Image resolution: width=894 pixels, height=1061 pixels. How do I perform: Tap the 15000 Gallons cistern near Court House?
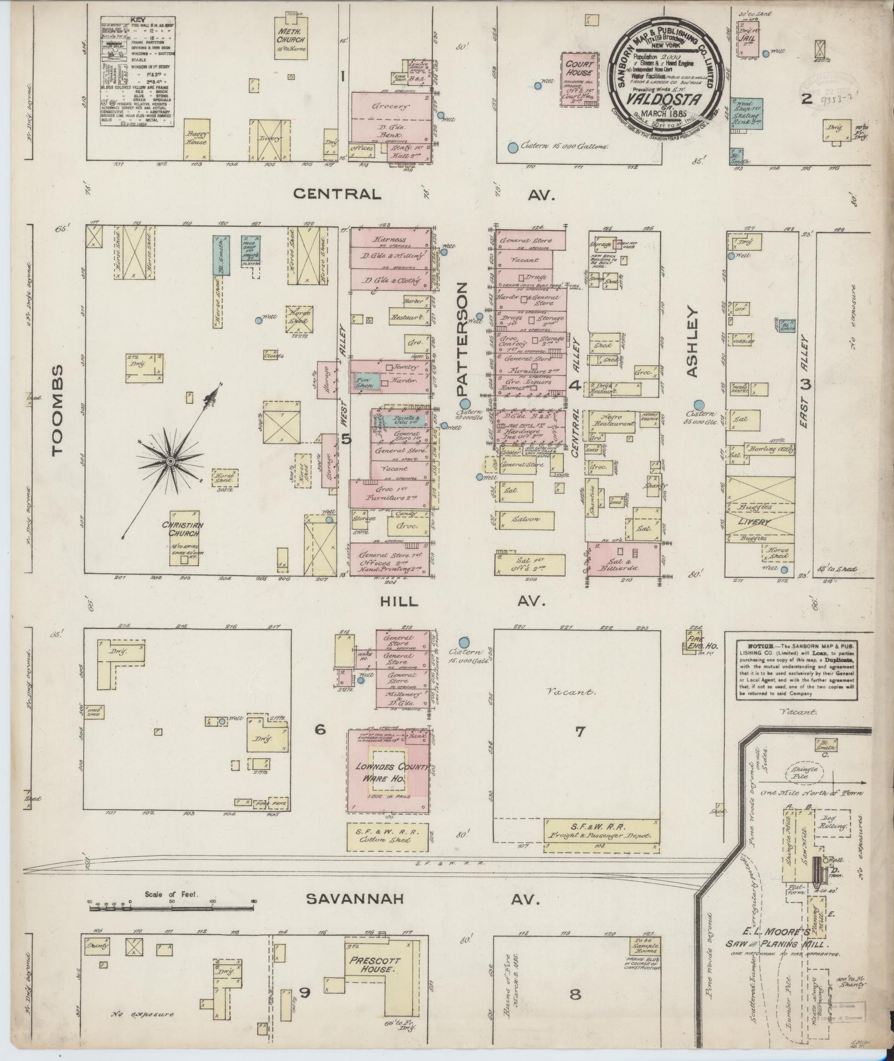[x=513, y=148]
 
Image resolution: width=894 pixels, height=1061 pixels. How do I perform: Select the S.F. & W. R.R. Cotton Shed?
[x=388, y=836]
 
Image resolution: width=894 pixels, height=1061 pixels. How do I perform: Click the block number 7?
[x=580, y=732]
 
